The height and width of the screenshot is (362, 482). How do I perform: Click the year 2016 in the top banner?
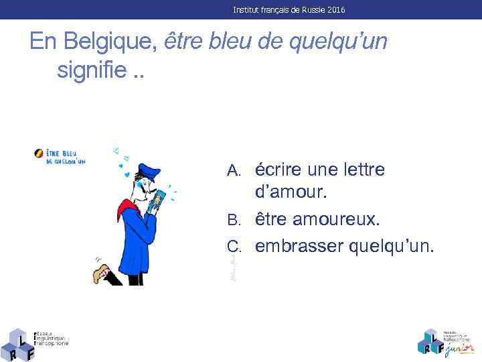(x=336, y=10)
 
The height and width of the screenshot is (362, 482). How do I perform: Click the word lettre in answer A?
(x=361, y=170)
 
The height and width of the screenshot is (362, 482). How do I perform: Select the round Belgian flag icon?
(x=38, y=154)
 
